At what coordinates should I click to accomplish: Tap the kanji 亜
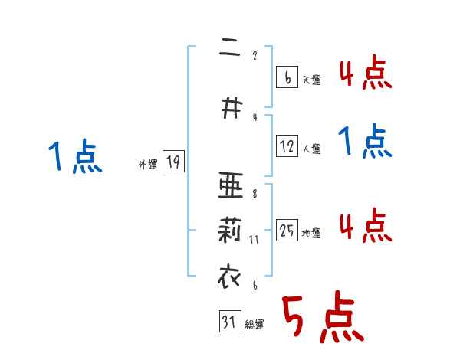pyautogui.click(x=229, y=186)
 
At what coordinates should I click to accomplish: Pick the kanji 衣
pyautogui.click(x=229, y=275)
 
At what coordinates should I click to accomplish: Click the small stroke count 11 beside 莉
pyautogui.click(x=254, y=239)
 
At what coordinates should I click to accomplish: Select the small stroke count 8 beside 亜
pyautogui.click(x=255, y=194)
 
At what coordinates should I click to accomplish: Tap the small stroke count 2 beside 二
pyautogui.click(x=255, y=55)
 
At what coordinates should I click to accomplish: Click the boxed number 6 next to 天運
pyautogui.click(x=286, y=77)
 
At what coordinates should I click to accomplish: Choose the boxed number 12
pyautogui.click(x=287, y=146)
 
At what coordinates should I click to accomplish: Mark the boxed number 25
pyautogui.click(x=287, y=231)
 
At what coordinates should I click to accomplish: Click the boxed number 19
pyautogui.click(x=173, y=162)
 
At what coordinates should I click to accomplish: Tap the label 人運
pyautogui.click(x=311, y=149)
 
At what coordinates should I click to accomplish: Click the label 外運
pyautogui.click(x=147, y=165)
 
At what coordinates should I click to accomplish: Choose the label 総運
pyautogui.click(x=255, y=325)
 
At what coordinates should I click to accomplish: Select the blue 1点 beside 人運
pyautogui.click(x=365, y=141)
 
